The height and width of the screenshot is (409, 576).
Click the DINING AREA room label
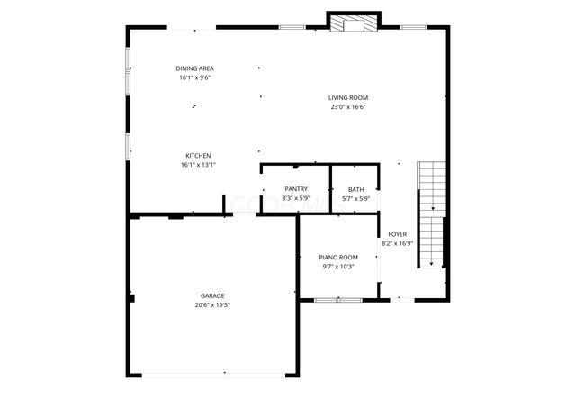pyautogui.click(x=194, y=68)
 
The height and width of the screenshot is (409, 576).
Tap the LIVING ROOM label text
pyautogui.click(x=347, y=97)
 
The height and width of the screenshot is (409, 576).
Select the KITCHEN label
pyautogui.click(x=198, y=155)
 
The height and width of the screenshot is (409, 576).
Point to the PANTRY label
pyautogui.click(x=295, y=189)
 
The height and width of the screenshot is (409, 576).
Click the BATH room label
pyautogui.click(x=355, y=189)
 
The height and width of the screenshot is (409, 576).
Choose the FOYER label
pyautogui.click(x=397, y=233)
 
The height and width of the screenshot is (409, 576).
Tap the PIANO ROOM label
pyautogui.click(x=339, y=257)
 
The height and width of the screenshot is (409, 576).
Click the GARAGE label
pyautogui.click(x=212, y=295)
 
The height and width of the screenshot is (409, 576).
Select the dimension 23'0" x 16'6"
pyautogui.click(x=347, y=107)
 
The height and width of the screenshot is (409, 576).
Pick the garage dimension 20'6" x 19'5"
pyautogui.click(x=212, y=305)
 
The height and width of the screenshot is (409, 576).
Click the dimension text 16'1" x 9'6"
pyautogui.click(x=194, y=78)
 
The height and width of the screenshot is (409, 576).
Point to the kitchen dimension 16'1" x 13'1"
pyautogui.click(x=198, y=165)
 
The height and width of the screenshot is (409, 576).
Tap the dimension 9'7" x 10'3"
pyautogui.click(x=339, y=267)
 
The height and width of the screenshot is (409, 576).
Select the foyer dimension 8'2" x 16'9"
pyautogui.click(x=397, y=243)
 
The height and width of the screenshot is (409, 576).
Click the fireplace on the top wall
pyautogui.click(x=353, y=23)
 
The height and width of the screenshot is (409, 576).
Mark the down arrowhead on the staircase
pyautogui.click(x=433, y=264)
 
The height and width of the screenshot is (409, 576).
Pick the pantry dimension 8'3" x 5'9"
pyautogui.click(x=295, y=198)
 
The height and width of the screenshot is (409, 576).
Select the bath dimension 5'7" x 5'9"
pyautogui.click(x=355, y=198)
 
